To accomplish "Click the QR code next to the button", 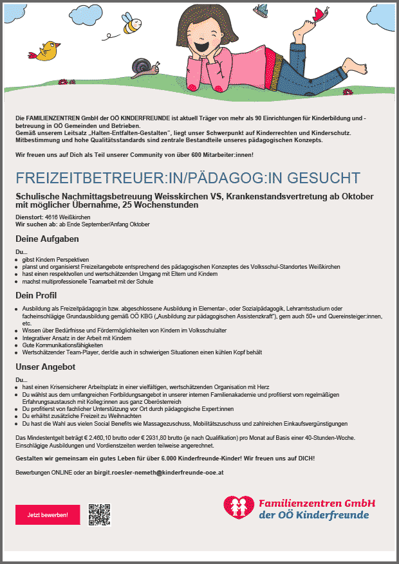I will pyautogui.click(x=100, y=514).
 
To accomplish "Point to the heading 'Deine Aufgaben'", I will pyautogui.click(x=47, y=239).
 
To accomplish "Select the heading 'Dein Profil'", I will pyautogui.click(x=37, y=295).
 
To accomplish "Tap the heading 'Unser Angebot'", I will pyautogui.click(x=46, y=367).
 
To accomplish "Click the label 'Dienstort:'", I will pyautogui.click(x=29, y=217).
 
